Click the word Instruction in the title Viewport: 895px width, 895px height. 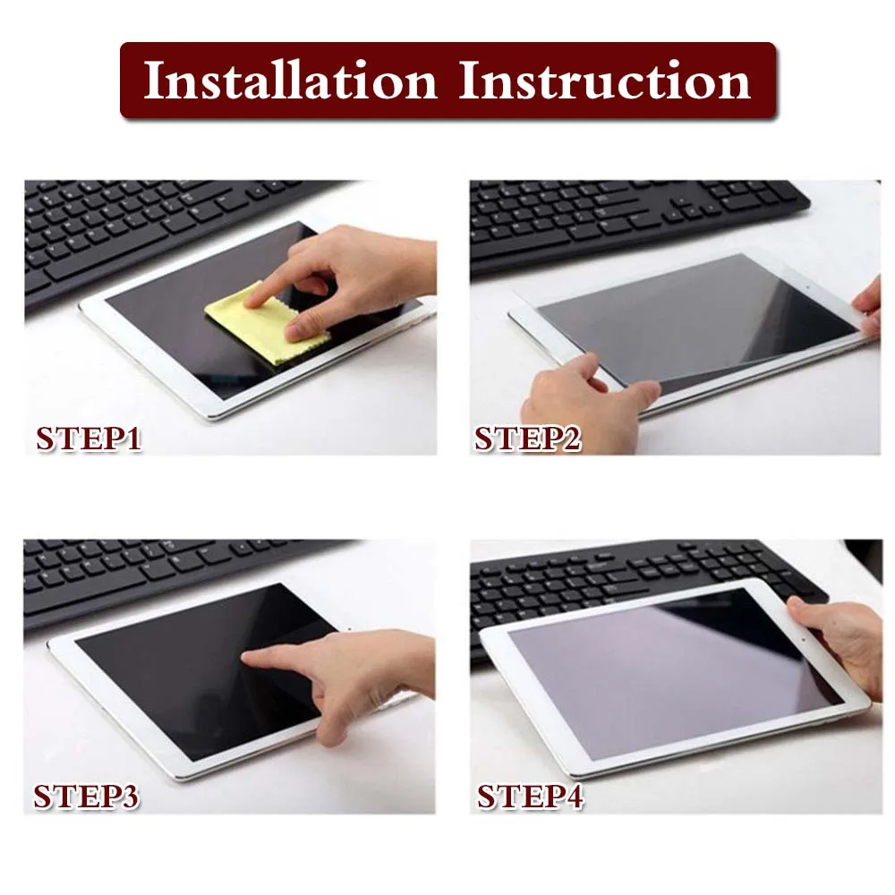point(604,81)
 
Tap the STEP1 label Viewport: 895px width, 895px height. point(89,439)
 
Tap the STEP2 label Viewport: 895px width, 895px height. point(527,439)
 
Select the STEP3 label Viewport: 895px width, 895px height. point(87,796)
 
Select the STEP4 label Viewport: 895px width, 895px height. point(529,796)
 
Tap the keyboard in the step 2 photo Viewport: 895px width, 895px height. point(626,215)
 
